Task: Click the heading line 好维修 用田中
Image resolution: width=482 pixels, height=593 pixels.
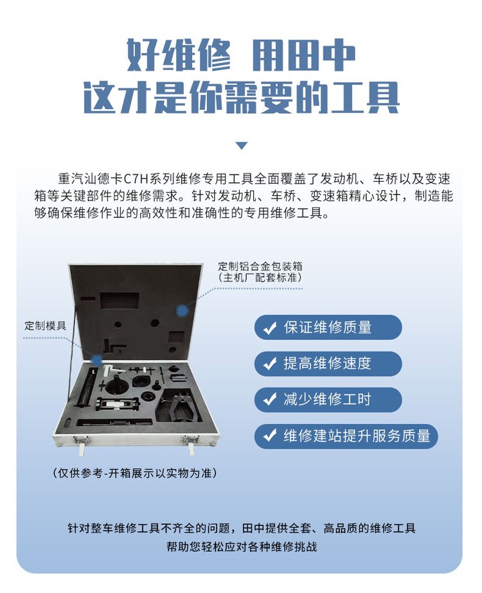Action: coord(240,55)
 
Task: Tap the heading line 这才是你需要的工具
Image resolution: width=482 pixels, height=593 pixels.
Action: coord(241,97)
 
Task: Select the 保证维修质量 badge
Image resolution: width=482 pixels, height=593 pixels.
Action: coord(328,327)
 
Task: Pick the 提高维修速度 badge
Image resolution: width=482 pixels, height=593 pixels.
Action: coord(328,364)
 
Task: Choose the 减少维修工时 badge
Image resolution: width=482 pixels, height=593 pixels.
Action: coord(328,400)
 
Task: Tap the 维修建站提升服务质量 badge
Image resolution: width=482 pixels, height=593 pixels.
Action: coord(346,436)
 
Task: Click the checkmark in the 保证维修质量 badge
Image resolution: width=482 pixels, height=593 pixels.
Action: coord(270,328)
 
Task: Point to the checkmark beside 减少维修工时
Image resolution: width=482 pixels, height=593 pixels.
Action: coord(270,400)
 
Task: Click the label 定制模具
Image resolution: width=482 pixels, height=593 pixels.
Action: coord(45,326)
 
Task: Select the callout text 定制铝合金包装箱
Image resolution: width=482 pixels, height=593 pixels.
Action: coord(260,266)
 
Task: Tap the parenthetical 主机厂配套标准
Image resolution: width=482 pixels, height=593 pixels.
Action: coord(260,278)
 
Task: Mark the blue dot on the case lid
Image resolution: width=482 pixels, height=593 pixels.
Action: coord(183,311)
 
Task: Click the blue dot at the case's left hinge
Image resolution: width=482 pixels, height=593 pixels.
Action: coord(97,360)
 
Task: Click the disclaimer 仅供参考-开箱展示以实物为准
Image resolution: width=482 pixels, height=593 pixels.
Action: coord(134,473)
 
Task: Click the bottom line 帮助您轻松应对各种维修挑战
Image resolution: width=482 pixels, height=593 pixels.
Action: coord(242,547)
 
